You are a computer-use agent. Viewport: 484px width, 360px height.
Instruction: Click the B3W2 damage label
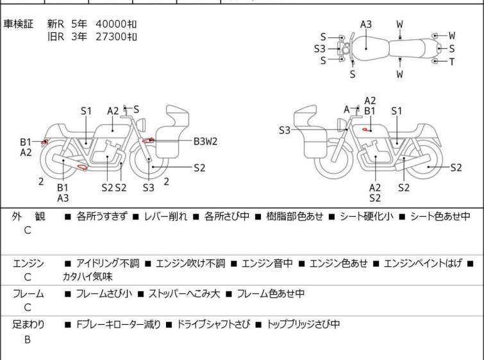(205, 142)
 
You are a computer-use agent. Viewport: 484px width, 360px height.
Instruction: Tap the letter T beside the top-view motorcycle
(452, 62)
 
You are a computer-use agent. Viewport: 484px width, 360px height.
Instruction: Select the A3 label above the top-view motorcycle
(365, 24)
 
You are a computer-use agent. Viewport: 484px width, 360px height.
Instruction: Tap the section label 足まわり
(29, 325)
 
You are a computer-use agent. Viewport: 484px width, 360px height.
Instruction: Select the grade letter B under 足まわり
(28, 340)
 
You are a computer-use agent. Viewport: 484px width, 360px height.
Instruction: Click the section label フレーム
(29, 294)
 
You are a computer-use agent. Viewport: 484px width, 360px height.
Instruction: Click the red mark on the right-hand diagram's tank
(367, 130)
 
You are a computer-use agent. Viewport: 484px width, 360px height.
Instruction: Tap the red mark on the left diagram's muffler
(82, 168)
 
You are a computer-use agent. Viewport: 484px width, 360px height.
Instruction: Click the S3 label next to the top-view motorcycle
(319, 49)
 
